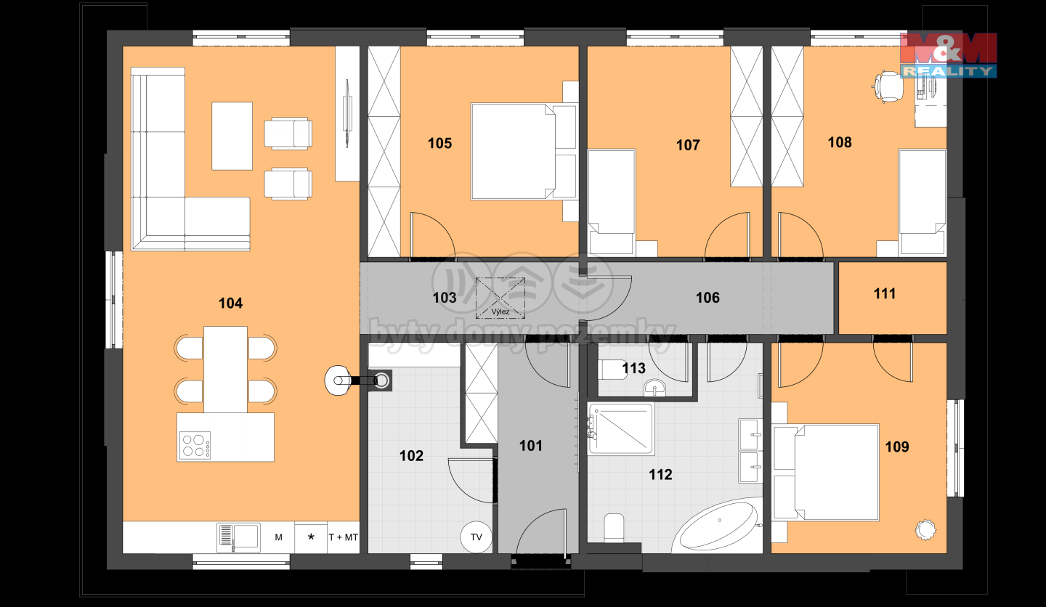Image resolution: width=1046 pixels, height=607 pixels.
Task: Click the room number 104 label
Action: click(231, 303)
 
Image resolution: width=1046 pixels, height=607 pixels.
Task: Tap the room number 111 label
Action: click(885, 293)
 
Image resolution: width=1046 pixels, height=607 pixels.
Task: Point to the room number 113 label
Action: click(633, 368)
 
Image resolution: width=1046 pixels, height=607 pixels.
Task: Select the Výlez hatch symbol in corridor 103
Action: click(500, 298)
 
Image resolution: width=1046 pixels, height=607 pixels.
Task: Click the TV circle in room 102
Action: click(476, 537)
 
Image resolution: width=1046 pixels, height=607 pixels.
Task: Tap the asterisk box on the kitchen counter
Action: click(311, 537)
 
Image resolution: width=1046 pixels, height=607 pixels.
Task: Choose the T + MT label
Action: click(343, 537)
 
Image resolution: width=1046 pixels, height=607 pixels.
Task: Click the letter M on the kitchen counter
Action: click(278, 537)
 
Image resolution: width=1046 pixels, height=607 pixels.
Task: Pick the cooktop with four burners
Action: click(195, 445)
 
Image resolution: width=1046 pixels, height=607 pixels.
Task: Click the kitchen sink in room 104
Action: click(238, 537)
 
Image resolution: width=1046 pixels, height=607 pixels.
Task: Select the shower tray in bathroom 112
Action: click(621, 429)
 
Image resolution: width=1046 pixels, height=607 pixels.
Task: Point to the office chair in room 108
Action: click(886, 86)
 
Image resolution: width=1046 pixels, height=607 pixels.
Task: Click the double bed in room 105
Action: click(524, 152)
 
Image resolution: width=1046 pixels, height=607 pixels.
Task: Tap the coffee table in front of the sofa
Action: click(232, 136)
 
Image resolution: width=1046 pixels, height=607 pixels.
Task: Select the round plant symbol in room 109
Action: click(925, 530)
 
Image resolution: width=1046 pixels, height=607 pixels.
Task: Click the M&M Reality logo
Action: click(949, 54)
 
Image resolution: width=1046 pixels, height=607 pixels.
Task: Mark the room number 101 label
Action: click(531, 446)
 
